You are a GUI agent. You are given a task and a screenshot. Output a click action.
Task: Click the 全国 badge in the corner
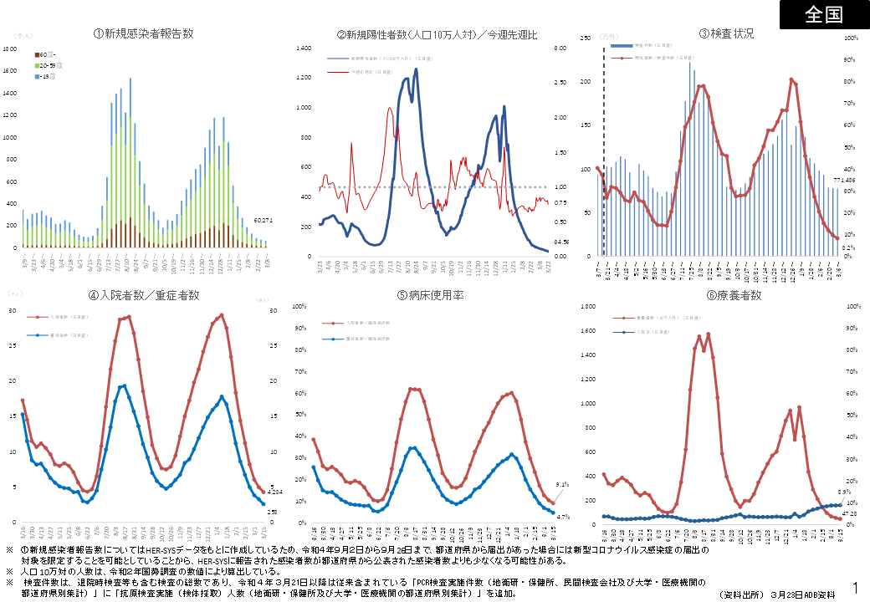click(824, 14)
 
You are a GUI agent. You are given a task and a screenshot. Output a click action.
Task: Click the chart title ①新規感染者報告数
click(144, 33)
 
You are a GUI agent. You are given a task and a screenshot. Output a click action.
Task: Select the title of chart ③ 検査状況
click(726, 33)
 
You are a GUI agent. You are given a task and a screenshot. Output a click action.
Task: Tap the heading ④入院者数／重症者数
click(144, 295)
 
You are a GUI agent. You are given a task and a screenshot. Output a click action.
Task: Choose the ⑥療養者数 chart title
click(726, 295)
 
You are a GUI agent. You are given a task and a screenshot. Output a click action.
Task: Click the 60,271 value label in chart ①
click(264, 221)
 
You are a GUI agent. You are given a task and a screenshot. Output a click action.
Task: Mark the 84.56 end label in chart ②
click(561, 242)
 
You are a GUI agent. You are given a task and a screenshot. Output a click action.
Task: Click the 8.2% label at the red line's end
click(847, 248)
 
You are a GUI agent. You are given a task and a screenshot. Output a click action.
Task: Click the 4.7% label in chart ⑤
click(562, 518)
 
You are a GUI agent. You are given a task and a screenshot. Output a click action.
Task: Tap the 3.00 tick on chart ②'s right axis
click(560, 48)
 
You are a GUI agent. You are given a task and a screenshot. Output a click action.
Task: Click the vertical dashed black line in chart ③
click(603, 150)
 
